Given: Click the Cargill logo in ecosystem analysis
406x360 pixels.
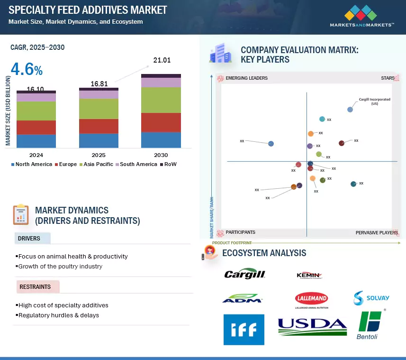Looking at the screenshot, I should (244, 274).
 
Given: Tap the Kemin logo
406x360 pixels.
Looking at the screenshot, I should (309, 275).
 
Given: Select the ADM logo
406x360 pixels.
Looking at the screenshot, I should (242, 299).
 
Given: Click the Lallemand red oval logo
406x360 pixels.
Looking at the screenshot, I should (311, 299).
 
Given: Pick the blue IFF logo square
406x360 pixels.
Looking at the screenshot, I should (244, 329).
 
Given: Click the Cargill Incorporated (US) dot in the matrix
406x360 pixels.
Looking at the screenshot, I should (350, 110).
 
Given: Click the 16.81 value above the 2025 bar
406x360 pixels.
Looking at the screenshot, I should (99, 84).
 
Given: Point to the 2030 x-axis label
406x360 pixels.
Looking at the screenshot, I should (161, 155).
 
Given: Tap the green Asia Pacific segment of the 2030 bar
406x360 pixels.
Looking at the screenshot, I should (161, 100).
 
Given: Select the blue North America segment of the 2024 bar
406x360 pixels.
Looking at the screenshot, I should (36, 141).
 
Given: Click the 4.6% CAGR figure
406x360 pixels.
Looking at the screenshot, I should (27, 70).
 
